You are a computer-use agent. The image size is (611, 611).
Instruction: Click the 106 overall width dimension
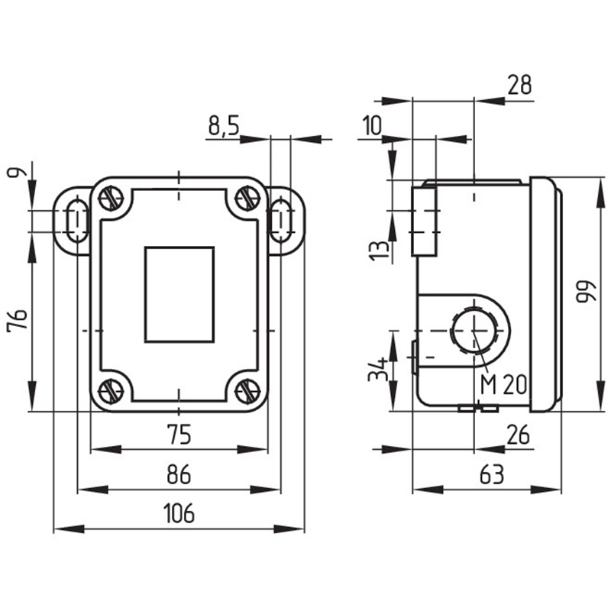[x=179, y=512]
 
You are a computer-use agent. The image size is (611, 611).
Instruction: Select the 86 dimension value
[x=179, y=474]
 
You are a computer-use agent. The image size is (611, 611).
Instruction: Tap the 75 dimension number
[x=179, y=435]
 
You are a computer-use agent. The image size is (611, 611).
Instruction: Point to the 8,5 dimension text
[x=223, y=125]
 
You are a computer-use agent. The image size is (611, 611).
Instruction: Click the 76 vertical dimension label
[x=18, y=319]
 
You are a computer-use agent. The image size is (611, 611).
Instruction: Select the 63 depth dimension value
[x=492, y=474]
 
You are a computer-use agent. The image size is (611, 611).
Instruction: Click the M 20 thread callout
[x=503, y=385]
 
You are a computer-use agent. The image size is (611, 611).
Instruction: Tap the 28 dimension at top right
[x=519, y=85]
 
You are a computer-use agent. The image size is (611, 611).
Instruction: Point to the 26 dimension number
[x=519, y=435]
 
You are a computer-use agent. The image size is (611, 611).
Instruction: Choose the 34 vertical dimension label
[x=378, y=369]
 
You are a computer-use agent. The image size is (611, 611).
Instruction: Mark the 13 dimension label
[x=378, y=251]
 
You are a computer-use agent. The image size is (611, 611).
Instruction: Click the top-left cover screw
[x=111, y=199]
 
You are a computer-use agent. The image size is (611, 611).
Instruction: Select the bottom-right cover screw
[x=248, y=391]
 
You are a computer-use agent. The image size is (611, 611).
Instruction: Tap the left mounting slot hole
[x=78, y=221]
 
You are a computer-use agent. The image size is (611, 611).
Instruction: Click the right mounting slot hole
[x=281, y=221]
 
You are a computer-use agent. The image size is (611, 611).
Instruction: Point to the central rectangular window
[x=179, y=295]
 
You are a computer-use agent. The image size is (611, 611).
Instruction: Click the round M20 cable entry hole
[x=474, y=330]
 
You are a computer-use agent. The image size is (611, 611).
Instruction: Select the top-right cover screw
[x=248, y=199]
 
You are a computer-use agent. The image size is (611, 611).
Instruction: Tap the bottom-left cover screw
[x=111, y=391]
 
